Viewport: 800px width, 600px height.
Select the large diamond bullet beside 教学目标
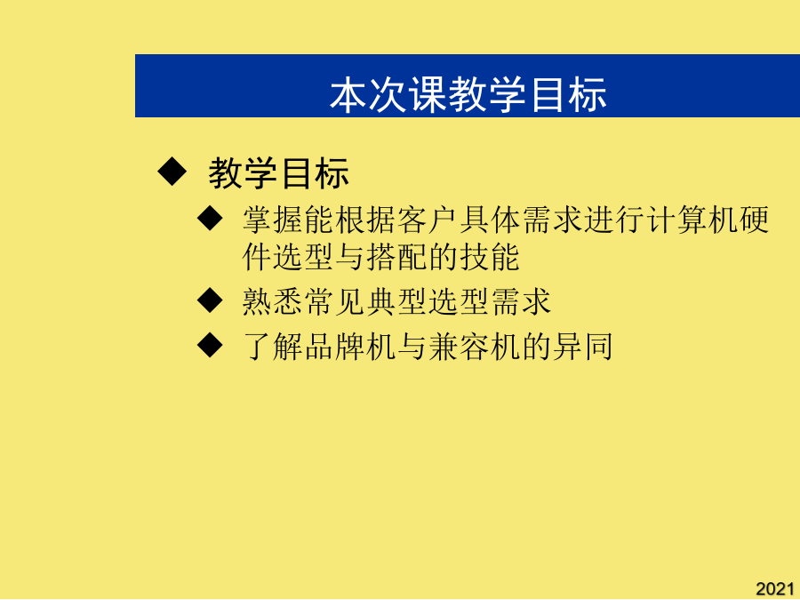(172, 172)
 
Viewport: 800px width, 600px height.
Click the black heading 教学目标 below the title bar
(278, 173)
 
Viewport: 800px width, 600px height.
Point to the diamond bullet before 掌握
(210, 219)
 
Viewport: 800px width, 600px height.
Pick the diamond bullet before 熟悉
(210, 300)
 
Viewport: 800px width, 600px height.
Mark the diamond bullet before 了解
(210, 346)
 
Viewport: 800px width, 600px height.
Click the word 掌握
(273, 220)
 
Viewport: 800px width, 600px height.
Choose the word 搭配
(396, 257)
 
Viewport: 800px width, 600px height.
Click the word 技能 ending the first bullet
(490, 257)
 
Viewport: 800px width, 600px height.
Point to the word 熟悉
(273, 301)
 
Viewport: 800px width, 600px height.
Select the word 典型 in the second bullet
(396, 301)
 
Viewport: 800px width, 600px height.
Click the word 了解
(273, 347)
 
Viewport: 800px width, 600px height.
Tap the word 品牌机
(350, 347)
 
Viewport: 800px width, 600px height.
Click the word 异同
(582, 347)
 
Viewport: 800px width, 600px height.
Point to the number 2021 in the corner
(775, 588)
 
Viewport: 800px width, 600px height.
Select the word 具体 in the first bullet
(490, 220)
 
